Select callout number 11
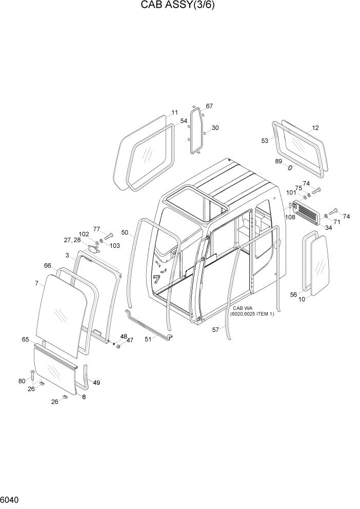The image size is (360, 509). click(x=174, y=112)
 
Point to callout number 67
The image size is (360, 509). click(x=209, y=106)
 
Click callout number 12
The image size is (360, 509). click(x=315, y=128)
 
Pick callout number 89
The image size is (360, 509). click(x=278, y=161)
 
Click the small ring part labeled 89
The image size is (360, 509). click(x=290, y=168)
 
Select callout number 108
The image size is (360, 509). click(x=290, y=217)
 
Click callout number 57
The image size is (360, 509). click(x=216, y=330)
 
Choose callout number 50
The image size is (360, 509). click(x=124, y=232)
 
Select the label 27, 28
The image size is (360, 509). click(x=72, y=240)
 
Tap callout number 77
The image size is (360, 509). click(x=96, y=229)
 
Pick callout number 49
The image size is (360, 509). click(x=96, y=382)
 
